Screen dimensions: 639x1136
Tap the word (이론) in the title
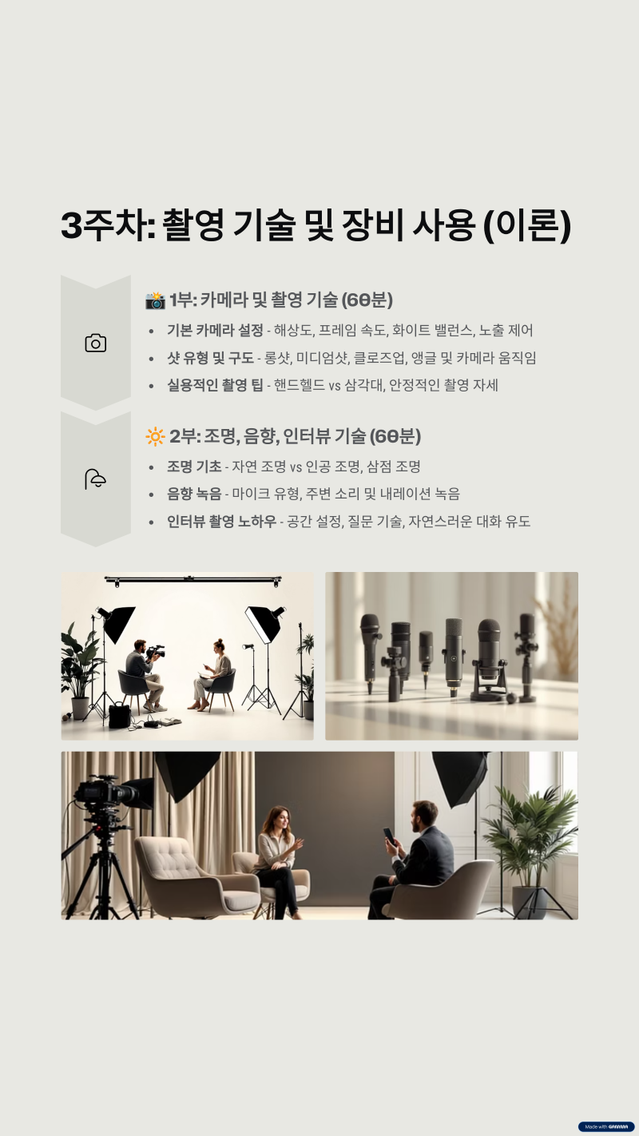[528, 224]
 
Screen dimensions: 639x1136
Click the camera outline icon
[95, 344]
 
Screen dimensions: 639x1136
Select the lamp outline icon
[95, 479]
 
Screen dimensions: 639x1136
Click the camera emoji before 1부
[155, 300]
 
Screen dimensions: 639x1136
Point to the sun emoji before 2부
[155, 436]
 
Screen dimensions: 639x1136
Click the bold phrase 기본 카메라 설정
[215, 331]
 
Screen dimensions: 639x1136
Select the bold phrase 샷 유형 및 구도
[210, 358]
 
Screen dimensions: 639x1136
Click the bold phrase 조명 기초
[194, 467]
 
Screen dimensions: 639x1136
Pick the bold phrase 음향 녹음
[194, 494]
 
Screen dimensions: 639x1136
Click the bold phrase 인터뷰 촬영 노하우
[221, 522]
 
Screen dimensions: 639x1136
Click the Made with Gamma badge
[606, 1127]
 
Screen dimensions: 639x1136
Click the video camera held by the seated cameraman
[156, 652]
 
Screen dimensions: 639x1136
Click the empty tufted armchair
[195, 874]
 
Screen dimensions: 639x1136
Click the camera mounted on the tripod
[110, 793]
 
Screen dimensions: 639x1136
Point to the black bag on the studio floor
[119, 716]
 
